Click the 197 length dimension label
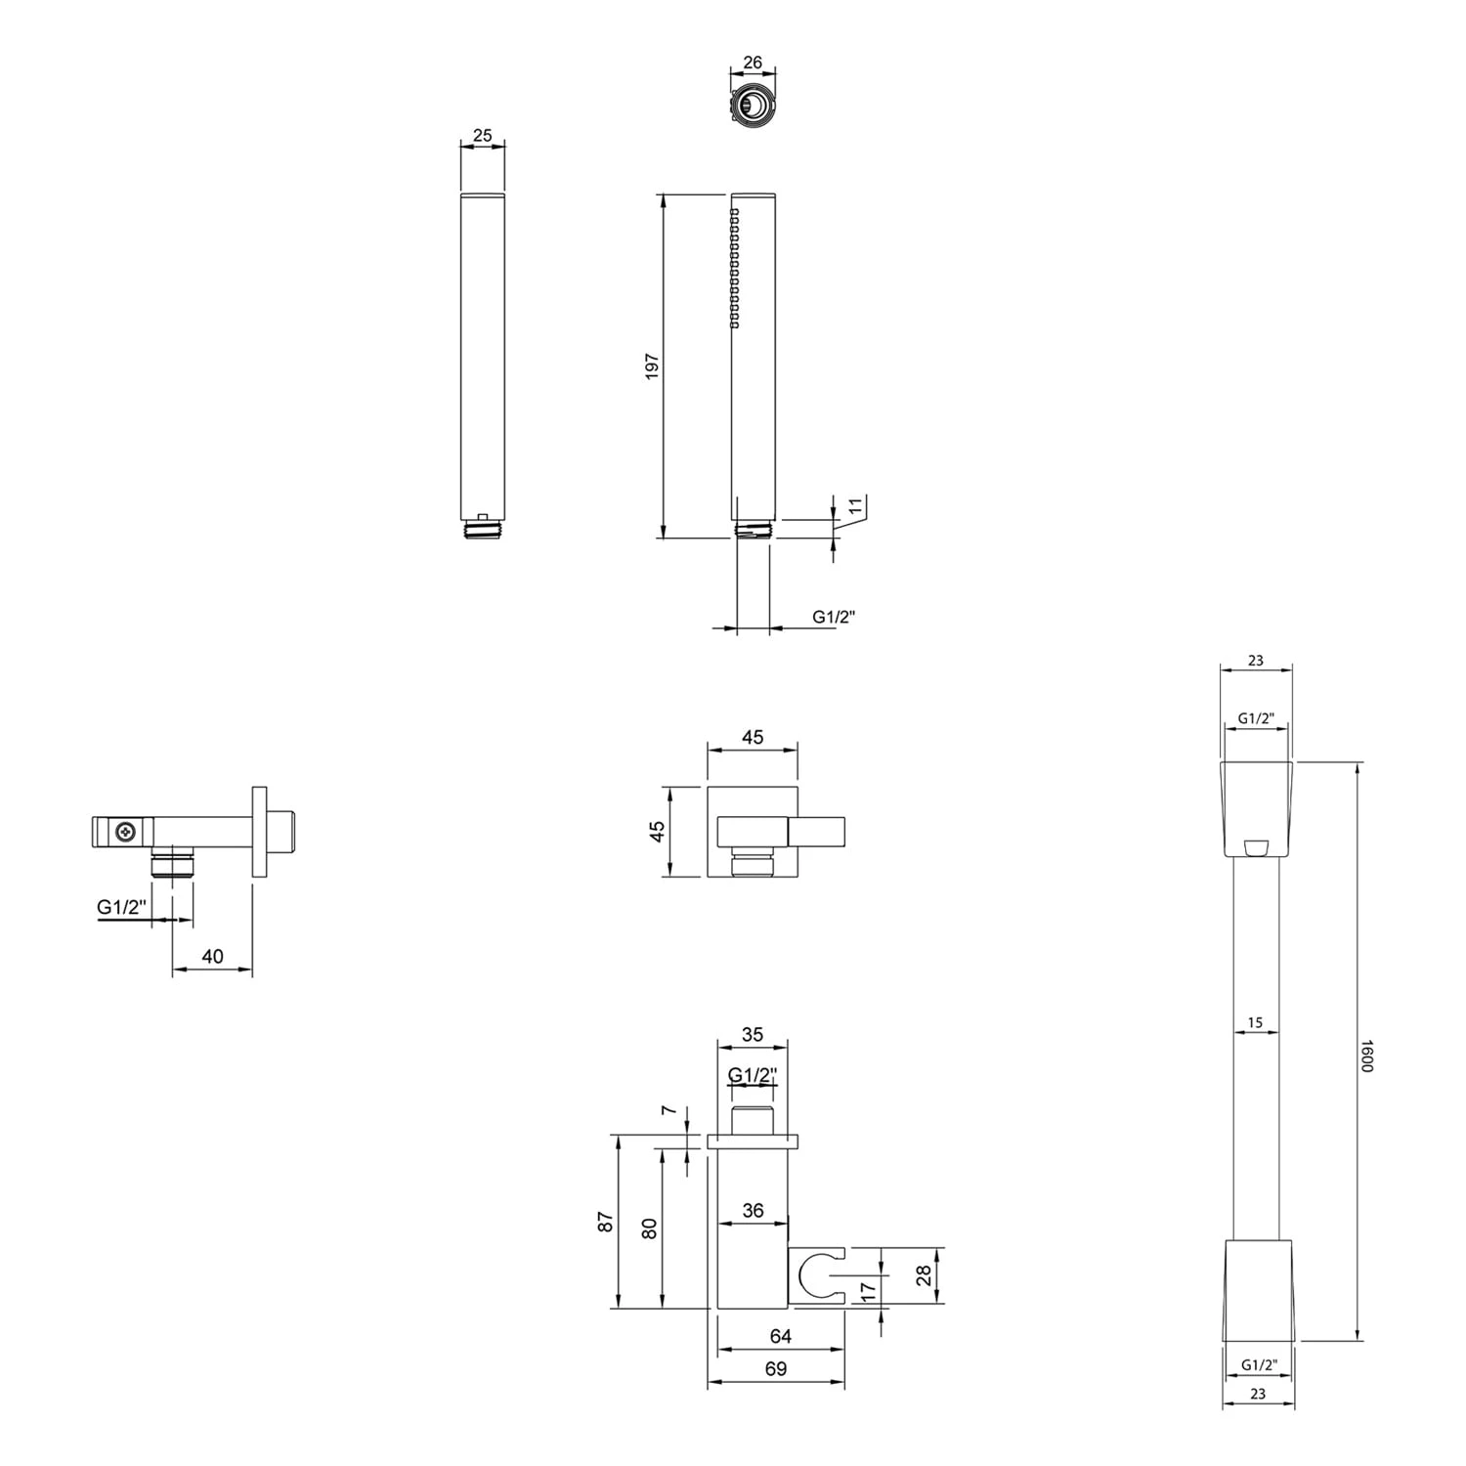(x=652, y=366)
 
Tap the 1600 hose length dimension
(x=1368, y=1055)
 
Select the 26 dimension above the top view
(x=753, y=63)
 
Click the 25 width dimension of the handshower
(x=482, y=136)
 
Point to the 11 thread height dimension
(x=855, y=506)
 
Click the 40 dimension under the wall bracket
(x=212, y=957)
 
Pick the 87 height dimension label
(x=606, y=1222)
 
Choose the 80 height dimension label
(x=649, y=1229)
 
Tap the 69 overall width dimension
(x=775, y=1369)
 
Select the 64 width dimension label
(x=780, y=1336)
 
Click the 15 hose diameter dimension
(x=1255, y=1023)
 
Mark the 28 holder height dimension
(x=925, y=1275)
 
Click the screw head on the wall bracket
(x=124, y=832)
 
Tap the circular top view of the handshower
(x=753, y=104)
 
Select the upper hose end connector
(x=1256, y=808)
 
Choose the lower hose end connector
(x=1258, y=1290)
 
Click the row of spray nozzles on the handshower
(x=734, y=268)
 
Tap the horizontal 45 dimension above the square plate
(x=752, y=738)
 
